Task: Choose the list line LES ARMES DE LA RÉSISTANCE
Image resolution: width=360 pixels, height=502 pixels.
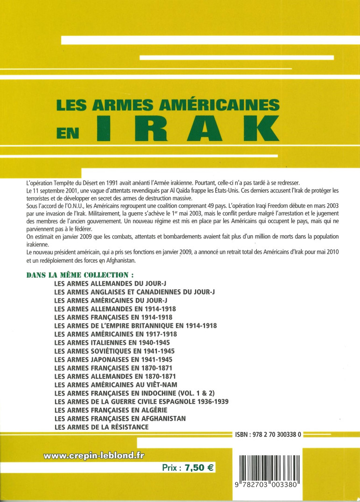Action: click(101, 427)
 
